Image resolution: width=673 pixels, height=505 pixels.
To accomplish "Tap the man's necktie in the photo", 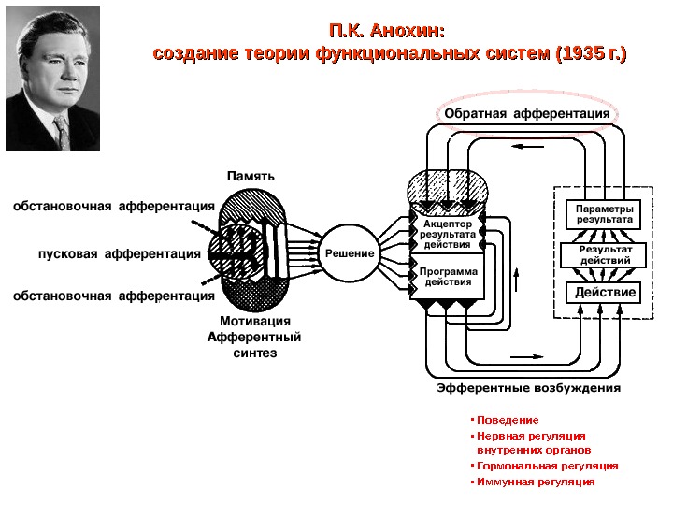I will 61,130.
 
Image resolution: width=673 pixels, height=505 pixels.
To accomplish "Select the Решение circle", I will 350,253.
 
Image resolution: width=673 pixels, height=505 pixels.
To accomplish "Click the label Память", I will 251,176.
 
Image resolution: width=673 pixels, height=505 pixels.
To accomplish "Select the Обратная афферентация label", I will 526,114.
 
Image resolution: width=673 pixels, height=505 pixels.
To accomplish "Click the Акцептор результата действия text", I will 448,235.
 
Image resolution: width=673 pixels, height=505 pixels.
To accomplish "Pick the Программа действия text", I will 448,277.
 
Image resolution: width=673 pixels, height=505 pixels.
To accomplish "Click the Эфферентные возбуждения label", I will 528,387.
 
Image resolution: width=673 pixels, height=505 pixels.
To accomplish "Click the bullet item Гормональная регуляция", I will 547,465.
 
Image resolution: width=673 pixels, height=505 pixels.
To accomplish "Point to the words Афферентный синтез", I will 254,345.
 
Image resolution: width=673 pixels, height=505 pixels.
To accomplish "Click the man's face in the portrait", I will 53,75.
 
